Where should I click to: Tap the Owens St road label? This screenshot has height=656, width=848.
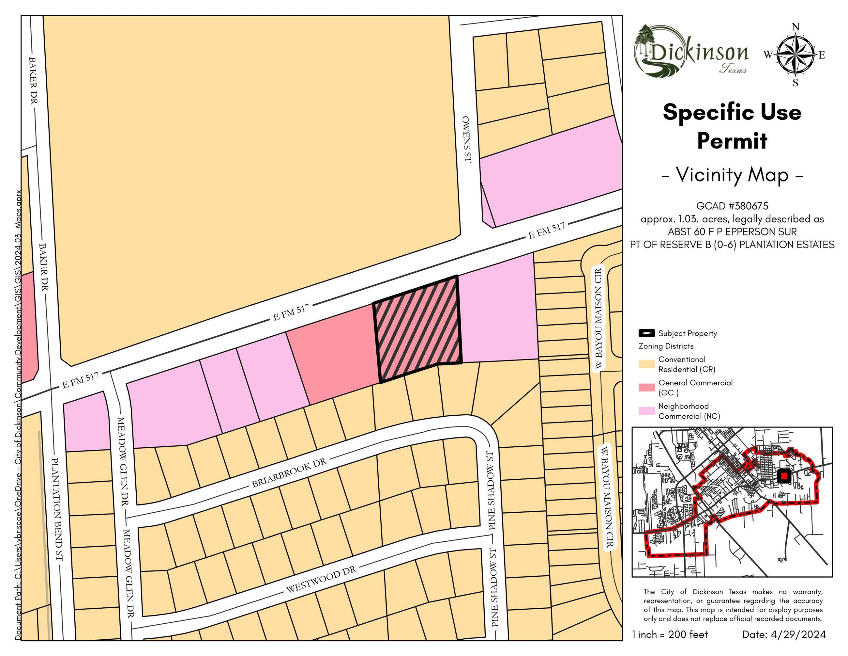[x=467, y=139]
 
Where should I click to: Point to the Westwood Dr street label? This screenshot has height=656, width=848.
[x=321, y=580]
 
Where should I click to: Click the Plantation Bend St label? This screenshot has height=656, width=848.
[x=57, y=509]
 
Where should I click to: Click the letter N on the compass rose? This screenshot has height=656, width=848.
[x=795, y=27]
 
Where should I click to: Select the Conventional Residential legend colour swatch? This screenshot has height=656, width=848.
[x=646, y=364]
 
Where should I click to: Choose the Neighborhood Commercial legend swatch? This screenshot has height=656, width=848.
[x=646, y=411]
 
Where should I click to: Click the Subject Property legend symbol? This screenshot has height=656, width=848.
[x=646, y=333]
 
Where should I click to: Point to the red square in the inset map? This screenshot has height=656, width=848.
[x=784, y=476]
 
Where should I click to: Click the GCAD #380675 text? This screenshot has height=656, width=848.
[x=732, y=206]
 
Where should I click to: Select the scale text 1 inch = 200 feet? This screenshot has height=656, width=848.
[x=670, y=635]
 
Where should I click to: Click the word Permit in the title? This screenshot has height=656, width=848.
[x=732, y=141]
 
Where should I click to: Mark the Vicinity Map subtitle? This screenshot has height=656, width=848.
[x=732, y=175]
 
